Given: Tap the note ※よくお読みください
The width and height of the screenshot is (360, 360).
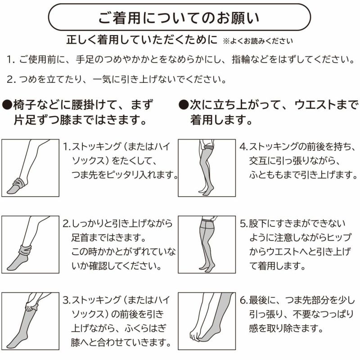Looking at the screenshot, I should point(257,41).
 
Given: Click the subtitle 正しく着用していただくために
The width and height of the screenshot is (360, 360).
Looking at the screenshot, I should point(142,40).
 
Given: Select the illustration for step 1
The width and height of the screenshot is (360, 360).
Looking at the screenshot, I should point(31,168).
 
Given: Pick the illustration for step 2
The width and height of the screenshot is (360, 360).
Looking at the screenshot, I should point(31,244).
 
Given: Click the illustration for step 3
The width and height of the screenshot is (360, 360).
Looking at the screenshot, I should point(31,320).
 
